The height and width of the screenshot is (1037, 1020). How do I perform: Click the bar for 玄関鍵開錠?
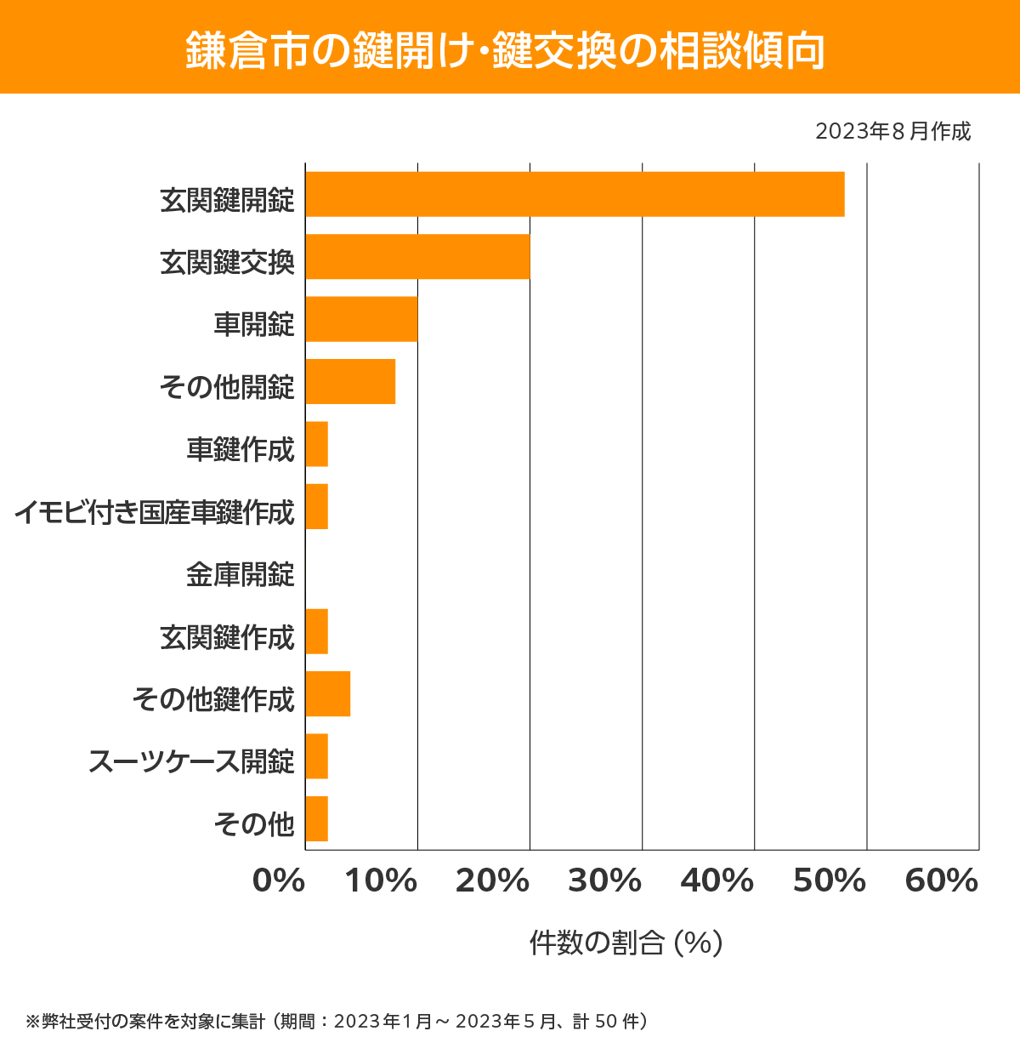(575, 194)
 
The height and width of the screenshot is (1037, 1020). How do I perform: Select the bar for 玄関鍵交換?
(417, 256)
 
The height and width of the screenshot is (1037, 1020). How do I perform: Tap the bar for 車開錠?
(361, 319)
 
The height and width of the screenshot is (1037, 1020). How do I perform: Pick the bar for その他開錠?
(350, 381)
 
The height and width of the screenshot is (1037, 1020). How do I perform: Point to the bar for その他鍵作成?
(327, 693)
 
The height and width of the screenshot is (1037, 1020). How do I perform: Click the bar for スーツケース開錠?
(316, 756)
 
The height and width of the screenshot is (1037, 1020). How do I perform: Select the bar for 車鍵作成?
(316, 444)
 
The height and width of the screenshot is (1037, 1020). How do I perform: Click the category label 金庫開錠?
(240, 575)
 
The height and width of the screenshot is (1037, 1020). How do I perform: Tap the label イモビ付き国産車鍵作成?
(154, 512)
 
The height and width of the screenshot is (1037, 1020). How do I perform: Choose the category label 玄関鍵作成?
(227, 637)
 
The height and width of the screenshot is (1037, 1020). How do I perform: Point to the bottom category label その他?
(253, 824)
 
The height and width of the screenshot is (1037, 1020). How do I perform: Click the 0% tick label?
(279, 881)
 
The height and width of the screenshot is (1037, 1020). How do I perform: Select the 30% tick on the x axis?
(604, 881)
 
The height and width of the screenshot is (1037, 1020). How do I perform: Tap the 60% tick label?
(942, 881)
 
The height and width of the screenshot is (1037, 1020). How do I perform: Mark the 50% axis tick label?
(829, 881)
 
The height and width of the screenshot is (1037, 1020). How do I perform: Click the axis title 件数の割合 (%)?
(626, 943)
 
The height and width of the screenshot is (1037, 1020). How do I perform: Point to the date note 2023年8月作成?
(892, 132)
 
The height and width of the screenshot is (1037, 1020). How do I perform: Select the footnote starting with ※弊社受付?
(337, 1021)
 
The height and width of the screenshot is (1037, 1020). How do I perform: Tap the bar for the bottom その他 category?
(316, 818)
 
